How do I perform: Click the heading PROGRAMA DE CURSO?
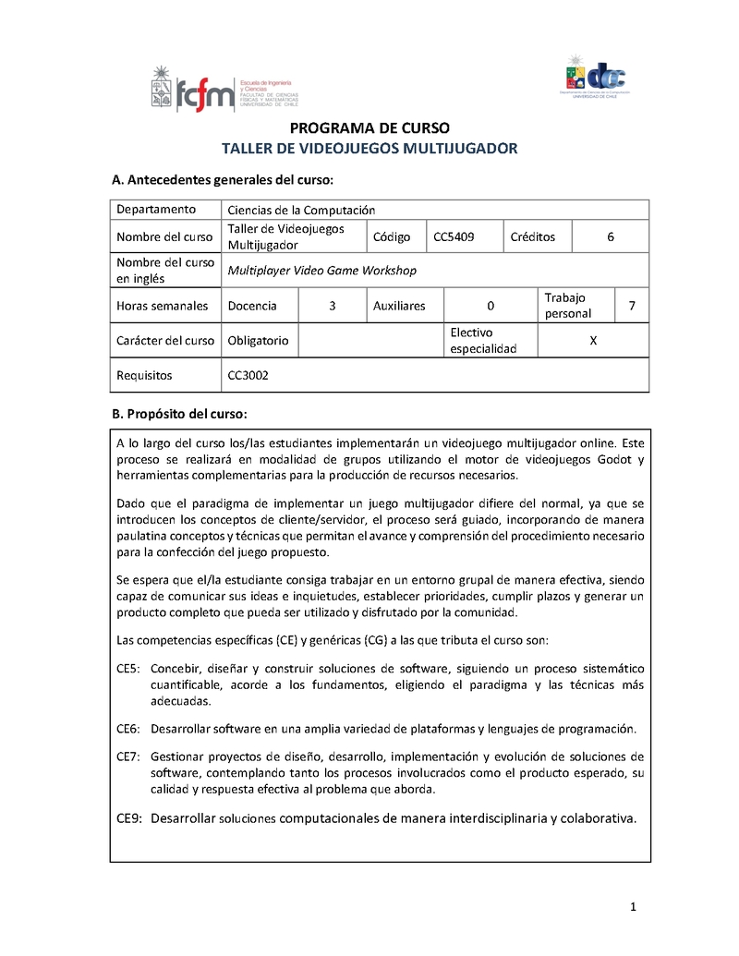[369, 127]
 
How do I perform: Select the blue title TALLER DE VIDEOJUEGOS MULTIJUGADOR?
[369, 148]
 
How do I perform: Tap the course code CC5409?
[454, 237]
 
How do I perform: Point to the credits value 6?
[611, 237]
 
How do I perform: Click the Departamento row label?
[156, 210]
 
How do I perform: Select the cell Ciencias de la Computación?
[301, 211]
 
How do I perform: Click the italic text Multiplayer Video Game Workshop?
[321, 271]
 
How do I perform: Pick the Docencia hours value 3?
[332, 306]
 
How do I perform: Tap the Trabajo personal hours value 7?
[631, 306]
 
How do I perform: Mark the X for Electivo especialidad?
[593, 340]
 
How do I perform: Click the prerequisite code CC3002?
[248, 375]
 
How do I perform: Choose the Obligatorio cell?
[258, 340]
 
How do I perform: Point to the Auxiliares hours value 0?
[491, 306]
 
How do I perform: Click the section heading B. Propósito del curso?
[179, 412]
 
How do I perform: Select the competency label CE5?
[128, 668]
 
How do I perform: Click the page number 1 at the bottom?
[634, 908]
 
